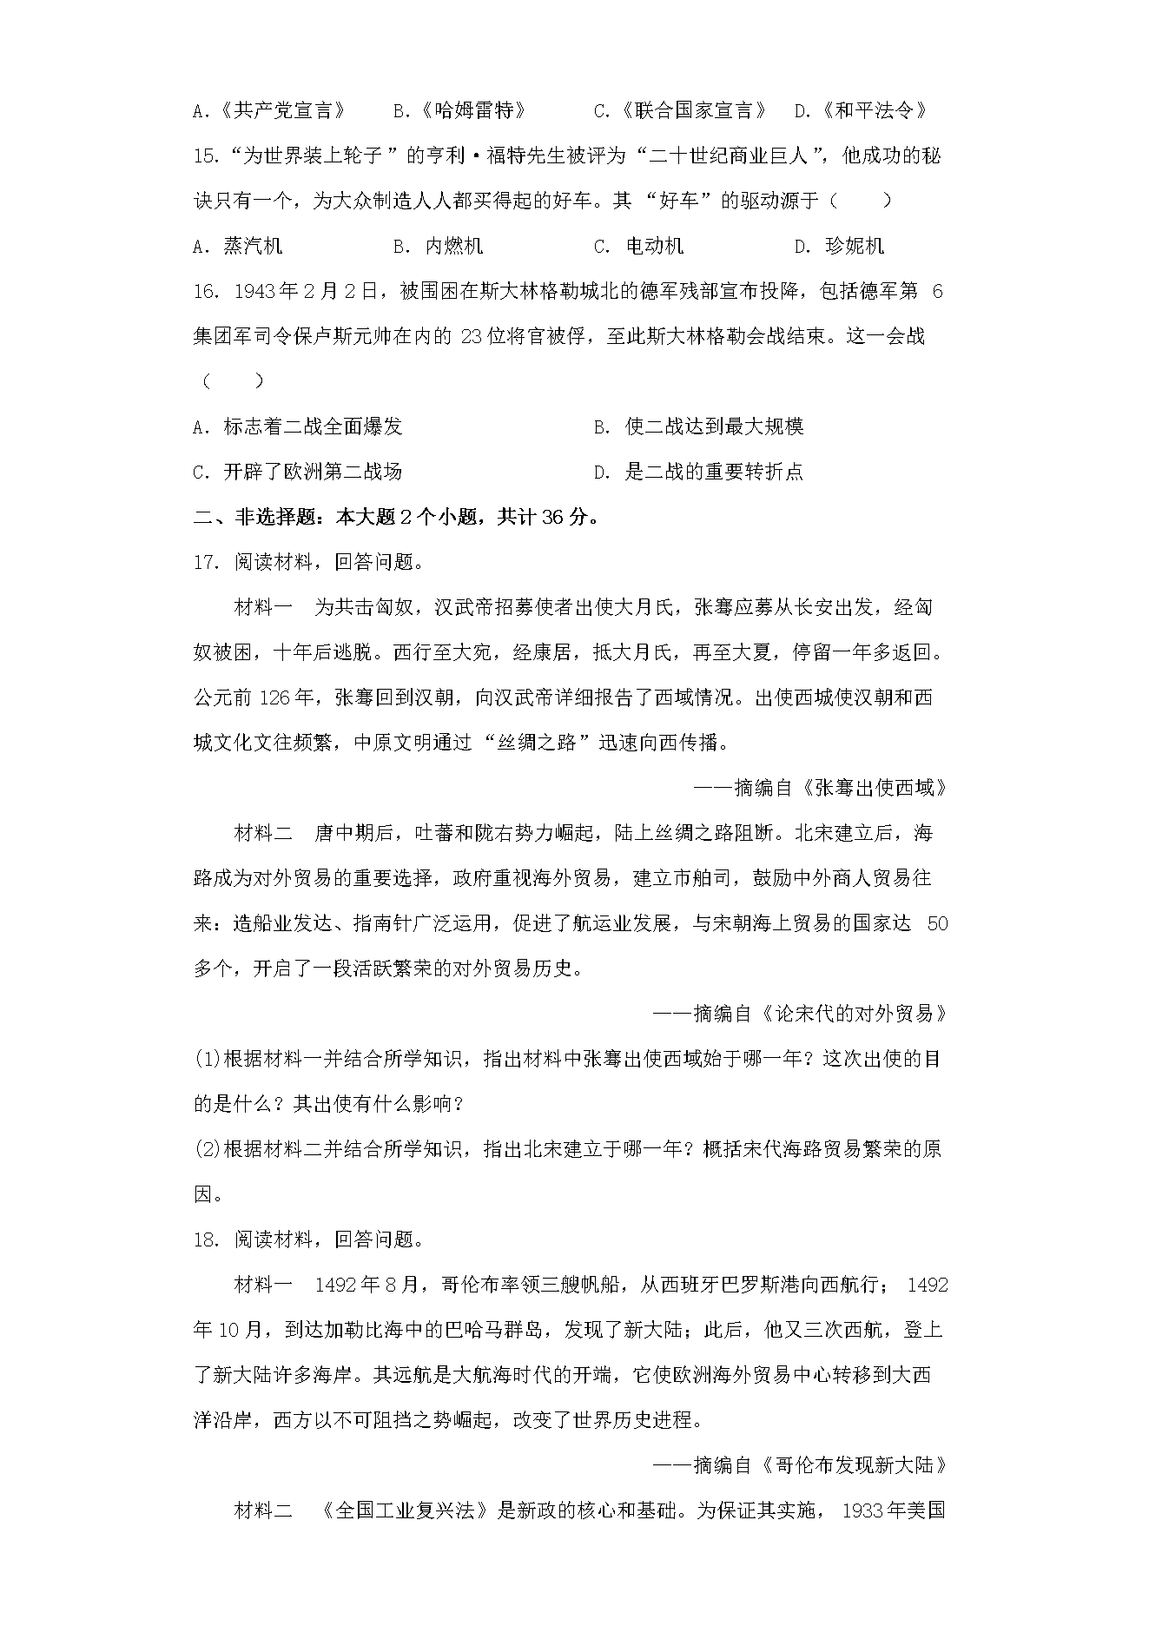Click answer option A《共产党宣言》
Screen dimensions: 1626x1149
[269, 110]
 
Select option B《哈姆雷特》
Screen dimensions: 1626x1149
[460, 110]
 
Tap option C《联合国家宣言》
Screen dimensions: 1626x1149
[680, 110]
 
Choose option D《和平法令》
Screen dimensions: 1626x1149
[862, 110]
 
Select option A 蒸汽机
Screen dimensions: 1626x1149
[238, 246]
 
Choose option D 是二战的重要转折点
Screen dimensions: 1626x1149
[698, 472]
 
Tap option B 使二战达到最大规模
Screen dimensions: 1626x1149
[698, 426]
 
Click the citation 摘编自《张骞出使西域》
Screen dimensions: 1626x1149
[820, 788]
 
